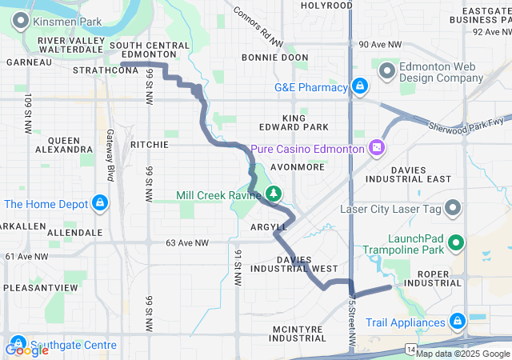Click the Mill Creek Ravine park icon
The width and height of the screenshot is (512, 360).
point(274,194)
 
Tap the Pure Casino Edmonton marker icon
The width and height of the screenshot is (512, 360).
point(377,148)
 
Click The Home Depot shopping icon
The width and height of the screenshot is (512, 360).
point(100,203)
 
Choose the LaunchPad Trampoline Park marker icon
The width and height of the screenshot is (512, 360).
point(456,240)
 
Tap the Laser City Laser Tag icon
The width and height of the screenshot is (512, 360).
point(454,210)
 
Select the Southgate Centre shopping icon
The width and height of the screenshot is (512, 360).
point(17,345)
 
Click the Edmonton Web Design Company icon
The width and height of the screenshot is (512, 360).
point(388,72)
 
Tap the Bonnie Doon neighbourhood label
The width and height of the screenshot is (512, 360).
point(274,58)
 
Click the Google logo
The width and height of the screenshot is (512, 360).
point(26,350)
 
